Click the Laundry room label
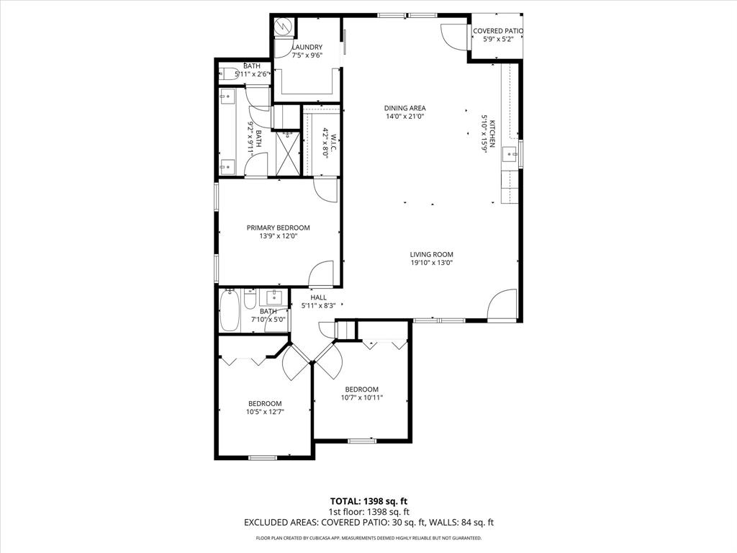(x=307, y=47)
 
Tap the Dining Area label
(x=405, y=108)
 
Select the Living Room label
(x=432, y=254)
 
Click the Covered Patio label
(x=497, y=31)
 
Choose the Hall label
(x=318, y=297)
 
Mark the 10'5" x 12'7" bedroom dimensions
(x=265, y=413)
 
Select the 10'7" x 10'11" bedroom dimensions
(x=361, y=397)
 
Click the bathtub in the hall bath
(x=230, y=310)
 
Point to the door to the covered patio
(x=453, y=35)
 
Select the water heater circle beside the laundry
(x=283, y=26)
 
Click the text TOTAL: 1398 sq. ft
(x=368, y=501)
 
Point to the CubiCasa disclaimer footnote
(x=368, y=538)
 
